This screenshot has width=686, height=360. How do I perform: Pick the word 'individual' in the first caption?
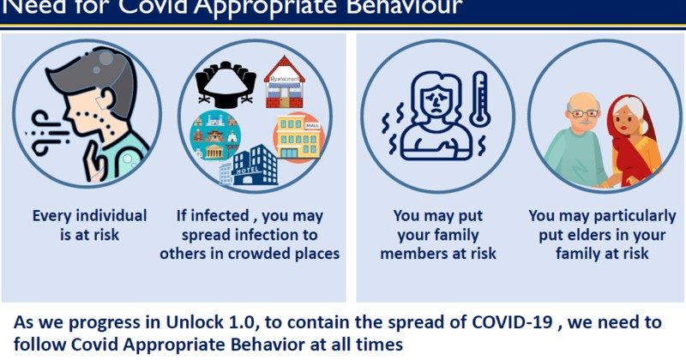point(112,215)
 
